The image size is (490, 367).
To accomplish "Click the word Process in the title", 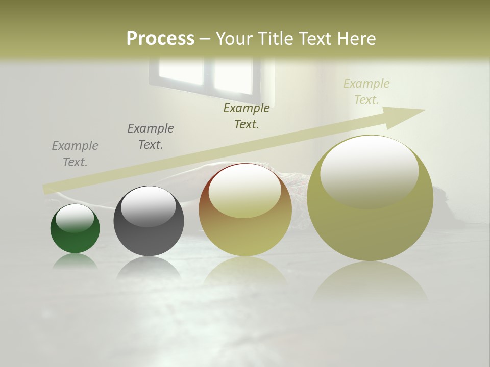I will click(x=160, y=39).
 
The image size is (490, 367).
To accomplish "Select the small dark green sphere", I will click(x=75, y=229).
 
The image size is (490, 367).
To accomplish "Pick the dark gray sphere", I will click(x=149, y=221).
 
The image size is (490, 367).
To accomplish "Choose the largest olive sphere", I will click(x=370, y=199).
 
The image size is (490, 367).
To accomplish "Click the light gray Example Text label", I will click(x=75, y=154).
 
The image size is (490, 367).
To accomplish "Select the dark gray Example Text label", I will click(x=151, y=137).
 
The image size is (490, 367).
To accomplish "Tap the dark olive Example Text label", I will click(x=247, y=116).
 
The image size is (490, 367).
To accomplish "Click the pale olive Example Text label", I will click(x=366, y=92).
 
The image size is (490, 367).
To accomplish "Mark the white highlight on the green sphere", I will click(x=75, y=218).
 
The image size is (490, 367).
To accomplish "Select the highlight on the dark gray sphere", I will click(x=148, y=206).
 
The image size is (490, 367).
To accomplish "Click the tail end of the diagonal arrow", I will click(x=48, y=189).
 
